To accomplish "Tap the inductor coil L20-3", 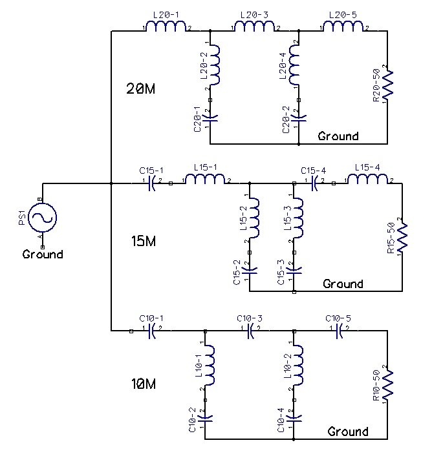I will click(x=255, y=27).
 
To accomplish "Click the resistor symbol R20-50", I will click(x=387, y=85).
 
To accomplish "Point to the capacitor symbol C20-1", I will click(x=210, y=118).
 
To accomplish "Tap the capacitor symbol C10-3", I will click(x=250, y=331).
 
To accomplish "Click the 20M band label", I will click(x=140, y=89).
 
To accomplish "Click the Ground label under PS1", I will click(x=43, y=254).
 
